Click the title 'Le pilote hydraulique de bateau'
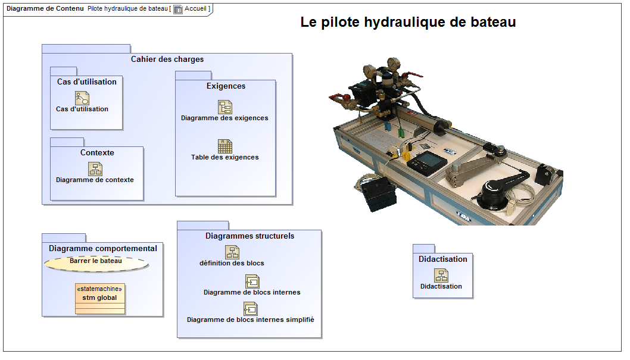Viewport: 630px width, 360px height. pyautogui.click(x=408, y=22)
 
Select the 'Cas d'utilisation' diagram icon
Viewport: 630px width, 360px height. pyautogui.click(x=82, y=98)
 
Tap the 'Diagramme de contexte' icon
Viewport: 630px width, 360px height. pyautogui.click(x=95, y=169)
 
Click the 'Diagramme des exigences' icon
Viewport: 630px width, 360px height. pyautogui.click(x=225, y=107)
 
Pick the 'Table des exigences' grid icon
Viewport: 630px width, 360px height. pyautogui.click(x=225, y=146)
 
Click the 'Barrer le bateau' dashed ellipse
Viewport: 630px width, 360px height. pyautogui.click(x=96, y=263)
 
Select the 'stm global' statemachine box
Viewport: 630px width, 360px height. pyautogui.click(x=100, y=299)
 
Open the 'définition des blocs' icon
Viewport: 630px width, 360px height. pyautogui.click(x=232, y=252)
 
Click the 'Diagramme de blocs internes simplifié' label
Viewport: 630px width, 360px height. pyautogui.click(x=250, y=320)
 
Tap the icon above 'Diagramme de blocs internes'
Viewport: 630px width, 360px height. pyautogui.click(x=252, y=281)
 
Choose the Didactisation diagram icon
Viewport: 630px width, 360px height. pyautogui.click(x=441, y=276)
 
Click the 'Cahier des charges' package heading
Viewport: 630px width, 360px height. pyautogui.click(x=167, y=59)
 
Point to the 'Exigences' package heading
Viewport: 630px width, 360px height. pyautogui.click(x=226, y=86)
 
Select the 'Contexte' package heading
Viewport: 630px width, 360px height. pyautogui.click(x=97, y=152)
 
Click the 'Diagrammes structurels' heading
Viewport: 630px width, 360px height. pyautogui.click(x=250, y=236)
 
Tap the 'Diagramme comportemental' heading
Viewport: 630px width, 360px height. pyautogui.click(x=103, y=248)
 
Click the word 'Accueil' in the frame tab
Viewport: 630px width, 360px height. pyautogui.click(x=195, y=8)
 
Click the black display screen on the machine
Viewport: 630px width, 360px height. pyautogui.click(x=427, y=161)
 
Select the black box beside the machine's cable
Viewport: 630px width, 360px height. pyautogui.click(x=378, y=193)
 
